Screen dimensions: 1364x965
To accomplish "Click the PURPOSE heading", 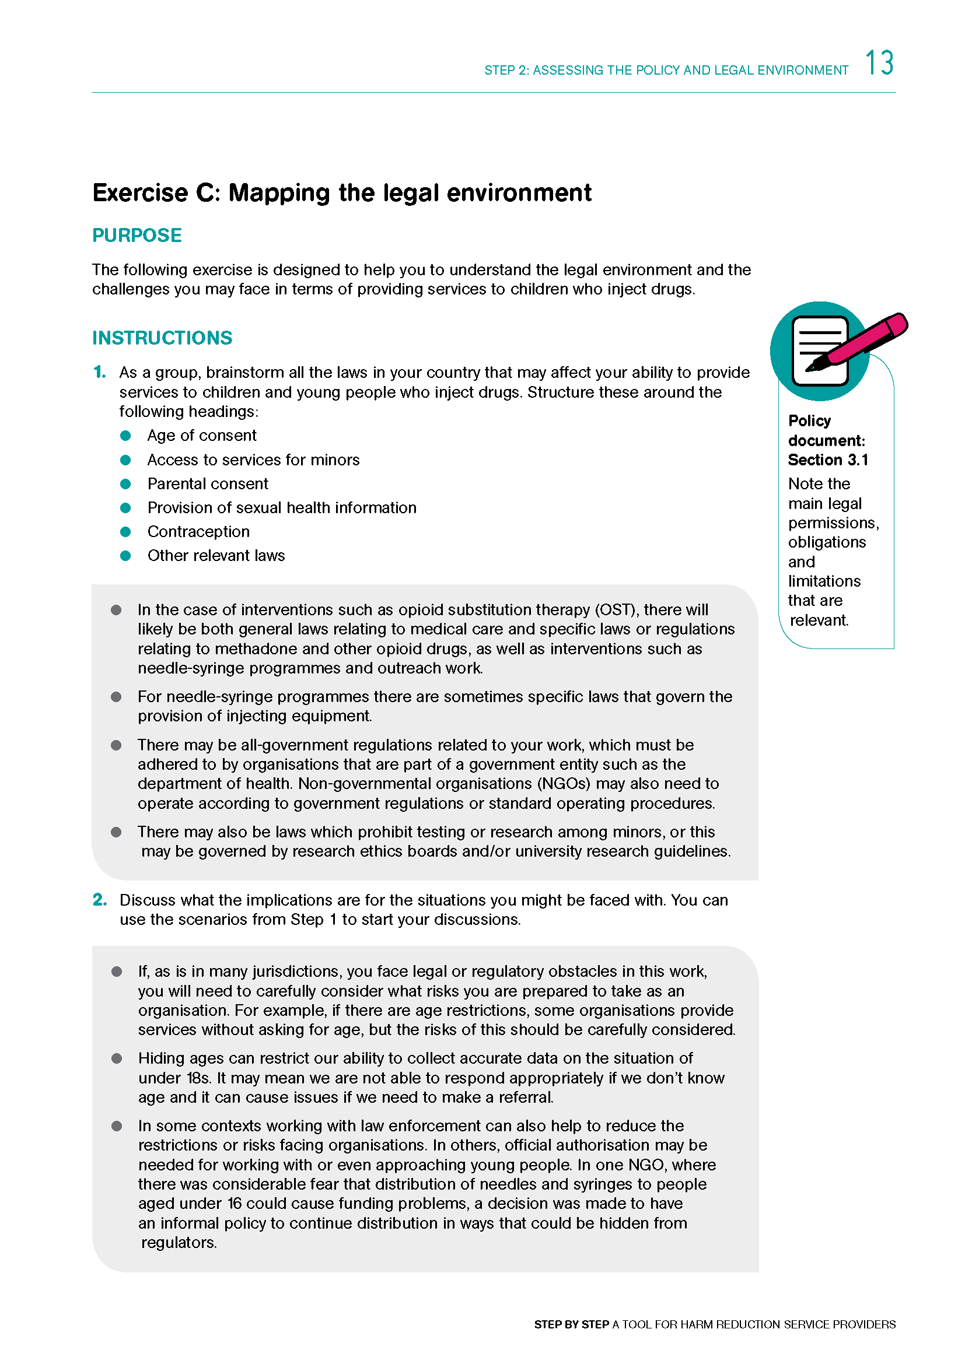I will coord(137,235).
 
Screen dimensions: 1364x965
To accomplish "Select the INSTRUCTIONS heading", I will coord(162,338).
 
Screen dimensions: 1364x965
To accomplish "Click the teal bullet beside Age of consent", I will coord(125,436).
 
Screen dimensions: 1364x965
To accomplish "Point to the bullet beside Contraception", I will coord(125,532).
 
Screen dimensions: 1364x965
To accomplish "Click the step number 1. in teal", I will coord(100,372).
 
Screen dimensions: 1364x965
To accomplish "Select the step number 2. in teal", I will coord(100,900).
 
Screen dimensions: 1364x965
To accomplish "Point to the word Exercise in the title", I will coord(140,193).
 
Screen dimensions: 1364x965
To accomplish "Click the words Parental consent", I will coord(208,483).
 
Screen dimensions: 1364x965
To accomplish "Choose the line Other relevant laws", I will coord(216,556).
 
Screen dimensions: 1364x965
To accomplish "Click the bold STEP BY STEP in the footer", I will coord(571,1324).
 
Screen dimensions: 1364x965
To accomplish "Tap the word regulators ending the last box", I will coord(179,1242).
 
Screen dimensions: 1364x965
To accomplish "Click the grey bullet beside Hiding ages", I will coord(117,1058).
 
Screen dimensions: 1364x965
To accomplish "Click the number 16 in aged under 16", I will coord(234,1204).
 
